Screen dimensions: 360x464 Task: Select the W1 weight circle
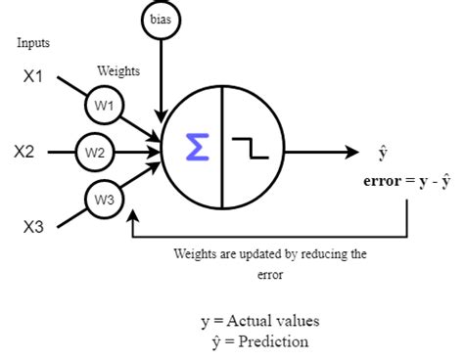pyautogui.click(x=104, y=105)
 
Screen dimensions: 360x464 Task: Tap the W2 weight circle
pyautogui.click(x=95, y=152)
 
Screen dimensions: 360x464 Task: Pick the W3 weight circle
pyautogui.click(x=104, y=201)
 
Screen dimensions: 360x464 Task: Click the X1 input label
pyautogui.click(x=33, y=75)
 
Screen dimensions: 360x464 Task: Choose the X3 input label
pyautogui.click(x=33, y=228)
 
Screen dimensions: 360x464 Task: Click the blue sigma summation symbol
pyautogui.click(x=197, y=150)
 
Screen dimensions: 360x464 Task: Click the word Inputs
pyautogui.click(x=33, y=43)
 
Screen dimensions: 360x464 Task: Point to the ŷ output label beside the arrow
pyautogui.click(x=383, y=153)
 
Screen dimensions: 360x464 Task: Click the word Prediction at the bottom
pyautogui.click(x=275, y=341)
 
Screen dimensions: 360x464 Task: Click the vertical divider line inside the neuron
pyautogui.click(x=222, y=150)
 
